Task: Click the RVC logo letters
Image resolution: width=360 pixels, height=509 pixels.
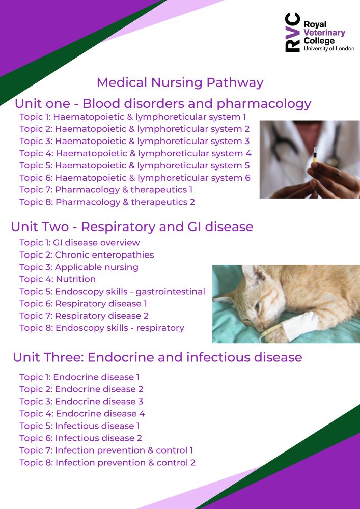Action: point(292,32)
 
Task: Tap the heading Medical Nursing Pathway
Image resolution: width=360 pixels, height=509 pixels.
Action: point(180,82)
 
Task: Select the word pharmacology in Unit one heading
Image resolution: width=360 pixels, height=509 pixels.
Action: point(264,104)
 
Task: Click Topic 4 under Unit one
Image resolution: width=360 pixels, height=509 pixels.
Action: point(135,153)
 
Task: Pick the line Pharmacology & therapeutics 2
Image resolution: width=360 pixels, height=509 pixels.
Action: point(107,202)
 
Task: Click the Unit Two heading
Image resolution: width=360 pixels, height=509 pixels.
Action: point(132,227)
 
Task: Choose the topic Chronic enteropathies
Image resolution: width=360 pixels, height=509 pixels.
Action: point(87,255)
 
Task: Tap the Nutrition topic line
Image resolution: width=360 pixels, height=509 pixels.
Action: point(58,279)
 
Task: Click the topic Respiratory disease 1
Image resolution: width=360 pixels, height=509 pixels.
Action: point(83,304)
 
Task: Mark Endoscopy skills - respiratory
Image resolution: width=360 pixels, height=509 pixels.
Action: point(102,328)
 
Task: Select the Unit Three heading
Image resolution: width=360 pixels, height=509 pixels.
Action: point(157,357)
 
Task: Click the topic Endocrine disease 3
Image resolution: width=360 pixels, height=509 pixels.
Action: point(81,402)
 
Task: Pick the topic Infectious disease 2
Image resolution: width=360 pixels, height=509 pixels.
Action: point(80,438)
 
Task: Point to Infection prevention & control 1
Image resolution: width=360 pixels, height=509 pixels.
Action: point(106,450)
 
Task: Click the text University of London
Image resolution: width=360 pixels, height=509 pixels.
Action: point(329,49)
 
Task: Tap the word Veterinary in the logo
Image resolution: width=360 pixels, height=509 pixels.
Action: point(324,33)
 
